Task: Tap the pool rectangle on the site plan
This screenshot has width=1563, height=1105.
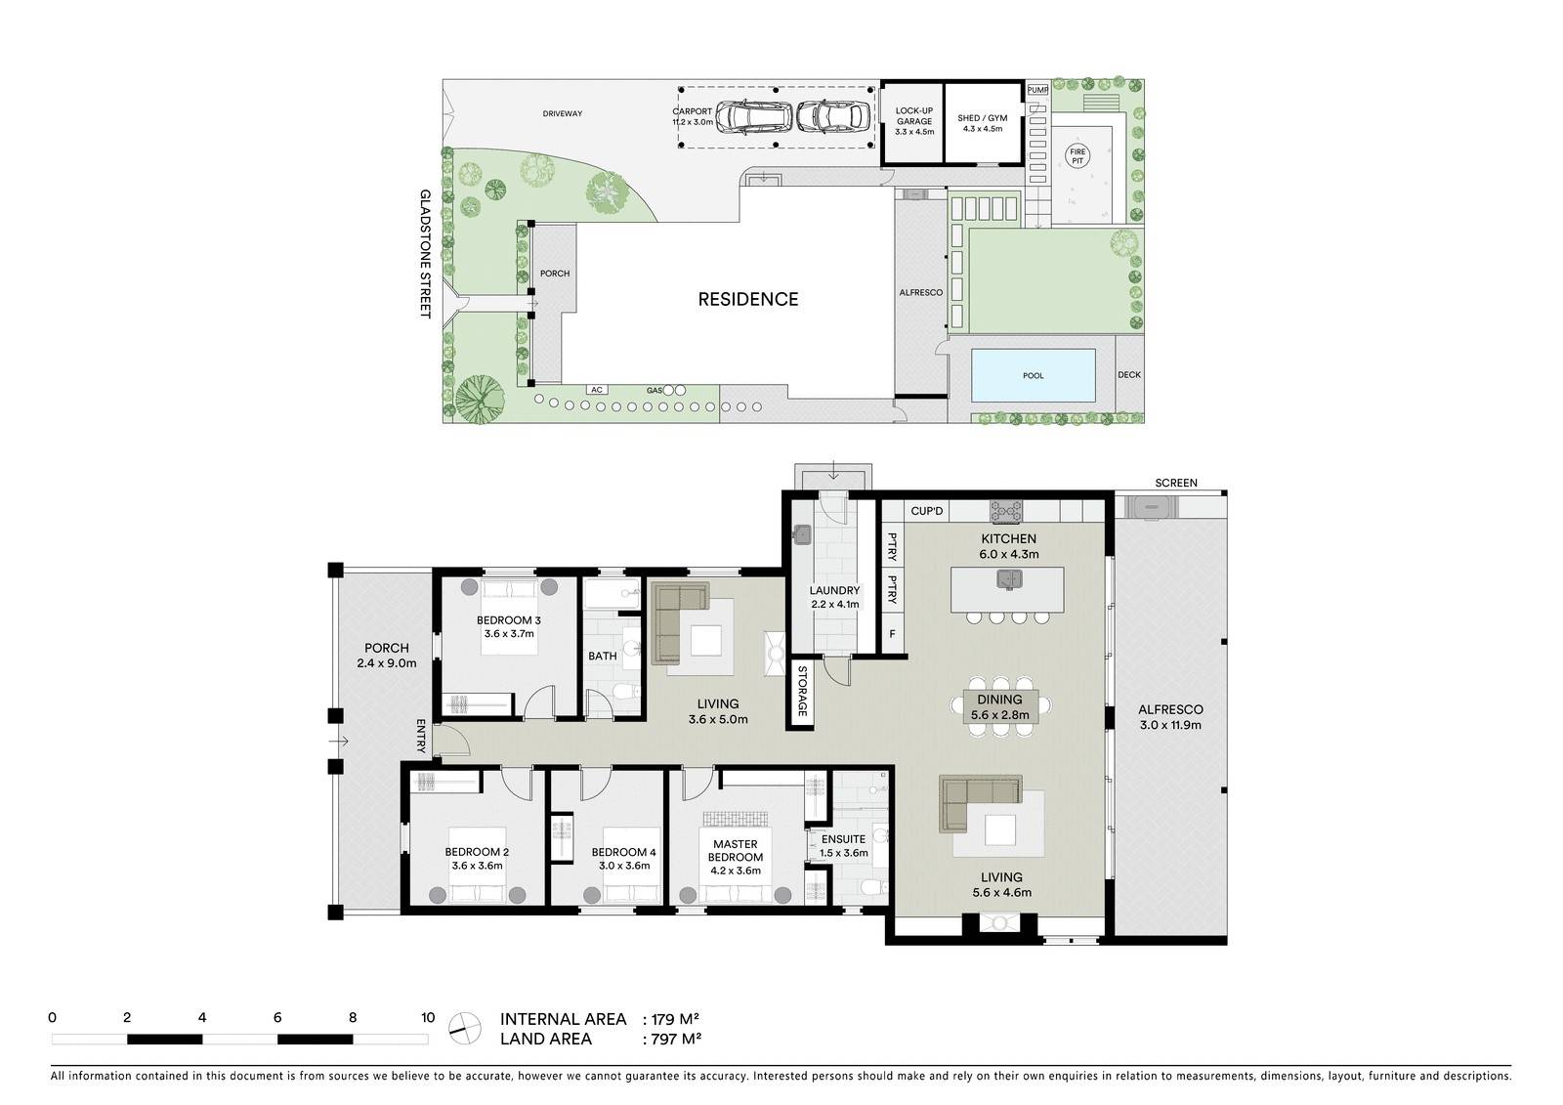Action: pos(1033,375)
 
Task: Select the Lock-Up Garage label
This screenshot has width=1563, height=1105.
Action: pos(914,121)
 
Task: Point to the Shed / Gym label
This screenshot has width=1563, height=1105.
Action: pos(982,121)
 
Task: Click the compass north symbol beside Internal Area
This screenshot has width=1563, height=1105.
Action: pos(465,1027)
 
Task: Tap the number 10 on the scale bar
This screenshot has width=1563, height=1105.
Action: pos(427,1017)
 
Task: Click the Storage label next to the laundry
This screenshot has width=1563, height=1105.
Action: pos(802,691)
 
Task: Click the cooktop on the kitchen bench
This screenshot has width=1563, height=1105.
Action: pos(1007,510)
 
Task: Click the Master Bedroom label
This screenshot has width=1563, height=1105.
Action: pos(736,851)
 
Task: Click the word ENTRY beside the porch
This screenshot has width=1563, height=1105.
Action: pos(422,736)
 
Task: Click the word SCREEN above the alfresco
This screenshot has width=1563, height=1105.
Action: pos(1175,483)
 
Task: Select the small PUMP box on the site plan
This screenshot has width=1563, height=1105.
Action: pos(1036,90)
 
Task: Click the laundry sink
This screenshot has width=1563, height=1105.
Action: pos(802,534)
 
